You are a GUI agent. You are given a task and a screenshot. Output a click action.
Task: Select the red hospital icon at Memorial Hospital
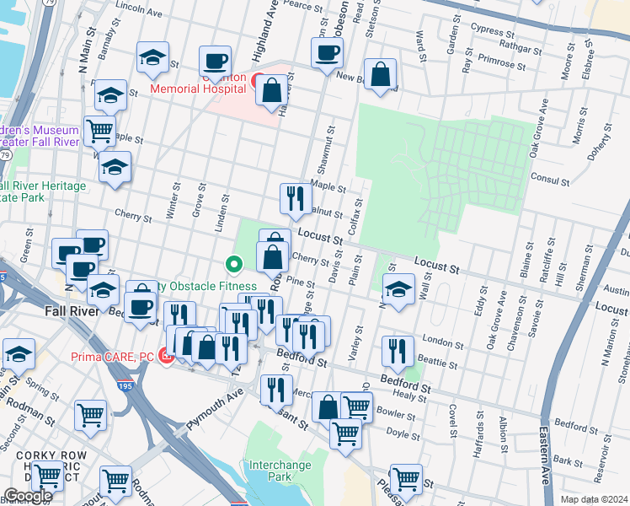coord(254,81)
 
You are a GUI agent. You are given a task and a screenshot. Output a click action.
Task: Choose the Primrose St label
coord(503,62)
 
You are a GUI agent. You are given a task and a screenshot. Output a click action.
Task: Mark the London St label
coord(437,340)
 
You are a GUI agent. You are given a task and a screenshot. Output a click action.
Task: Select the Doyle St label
coord(403,436)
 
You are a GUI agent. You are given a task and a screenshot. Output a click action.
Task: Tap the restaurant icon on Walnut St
coord(294,197)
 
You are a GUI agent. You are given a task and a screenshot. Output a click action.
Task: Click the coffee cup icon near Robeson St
coord(326,52)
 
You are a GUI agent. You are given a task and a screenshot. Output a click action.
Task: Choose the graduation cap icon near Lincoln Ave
coord(152,57)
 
